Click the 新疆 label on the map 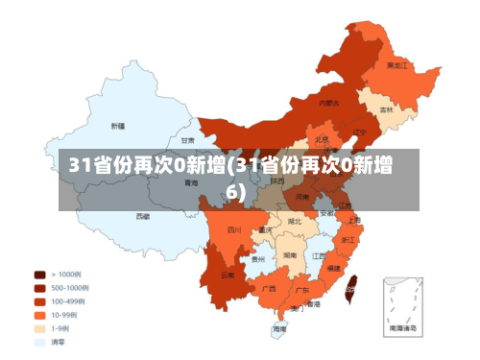tap(117, 126)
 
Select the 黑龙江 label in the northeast tap(396, 65)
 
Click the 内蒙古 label tap(328, 102)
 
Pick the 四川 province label tap(234, 229)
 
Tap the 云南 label tap(228, 276)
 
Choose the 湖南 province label tap(289, 256)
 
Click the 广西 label tap(270, 288)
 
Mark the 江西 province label tap(319, 256)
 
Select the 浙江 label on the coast tap(348, 238)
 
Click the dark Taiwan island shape tap(352, 283)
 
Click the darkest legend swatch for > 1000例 tap(39, 274)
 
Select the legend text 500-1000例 tap(69, 287)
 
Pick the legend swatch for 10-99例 tap(39, 314)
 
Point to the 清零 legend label tap(60, 341)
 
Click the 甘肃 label tap(201, 139)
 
